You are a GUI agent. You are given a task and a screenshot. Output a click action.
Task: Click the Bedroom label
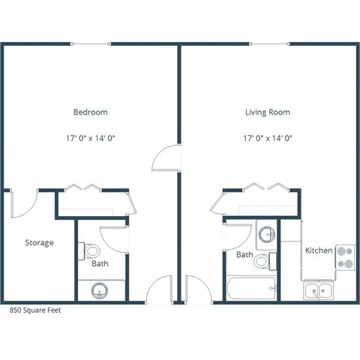[x=90, y=112]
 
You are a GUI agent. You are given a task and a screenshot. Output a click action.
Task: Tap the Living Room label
[x=267, y=112]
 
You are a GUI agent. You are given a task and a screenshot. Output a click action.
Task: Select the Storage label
[x=39, y=243]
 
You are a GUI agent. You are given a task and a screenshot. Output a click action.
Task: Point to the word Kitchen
[x=318, y=250]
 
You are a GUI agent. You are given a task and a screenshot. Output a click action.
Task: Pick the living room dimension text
[x=267, y=138]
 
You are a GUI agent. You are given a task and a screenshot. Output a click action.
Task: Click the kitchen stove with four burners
[x=346, y=259]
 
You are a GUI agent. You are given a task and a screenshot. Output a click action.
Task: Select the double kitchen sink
[x=319, y=290]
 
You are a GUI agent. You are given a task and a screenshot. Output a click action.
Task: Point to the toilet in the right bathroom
[x=263, y=261]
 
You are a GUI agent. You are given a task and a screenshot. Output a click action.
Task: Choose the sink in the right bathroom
[x=266, y=235]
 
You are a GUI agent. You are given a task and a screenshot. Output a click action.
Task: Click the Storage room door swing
[x=24, y=204]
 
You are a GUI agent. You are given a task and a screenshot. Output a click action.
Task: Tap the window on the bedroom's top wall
[x=91, y=43]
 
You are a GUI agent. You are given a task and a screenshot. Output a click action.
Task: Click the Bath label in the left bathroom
[x=100, y=264]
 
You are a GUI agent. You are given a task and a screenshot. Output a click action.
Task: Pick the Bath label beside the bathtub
[x=244, y=255]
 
